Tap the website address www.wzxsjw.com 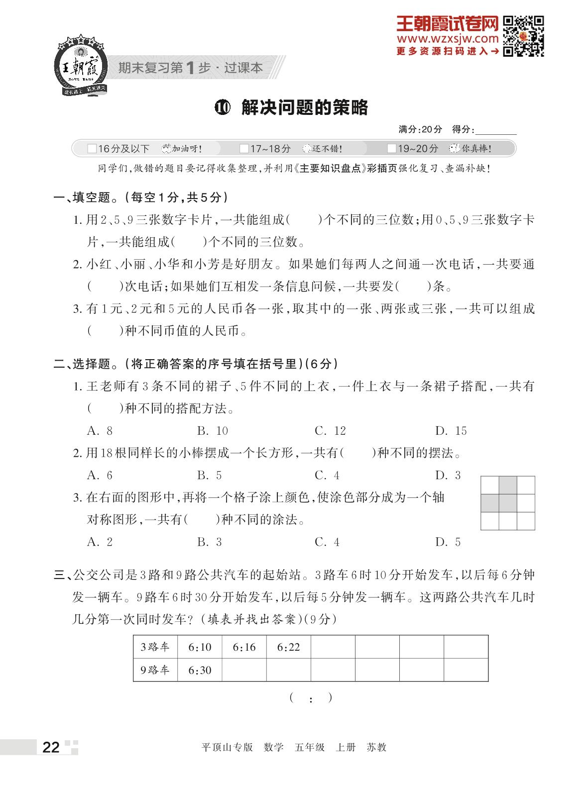click(447, 38)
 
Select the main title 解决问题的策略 click(304, 107)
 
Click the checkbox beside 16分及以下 click(92, 148)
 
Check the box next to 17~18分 click(244, 148)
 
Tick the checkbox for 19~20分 click(392, 148)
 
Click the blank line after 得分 click(496, 130)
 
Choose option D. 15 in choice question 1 click(451, 431)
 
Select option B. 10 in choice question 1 click(213, 431)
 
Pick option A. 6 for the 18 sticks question click(100, 475)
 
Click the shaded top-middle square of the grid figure click(508, 485)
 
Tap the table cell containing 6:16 click(244, 647)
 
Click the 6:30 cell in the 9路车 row click(200, 670)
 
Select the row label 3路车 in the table click(155, 647)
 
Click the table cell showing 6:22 click(288, 647)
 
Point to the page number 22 click(51, 747)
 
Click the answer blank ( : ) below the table click(311, 698)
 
